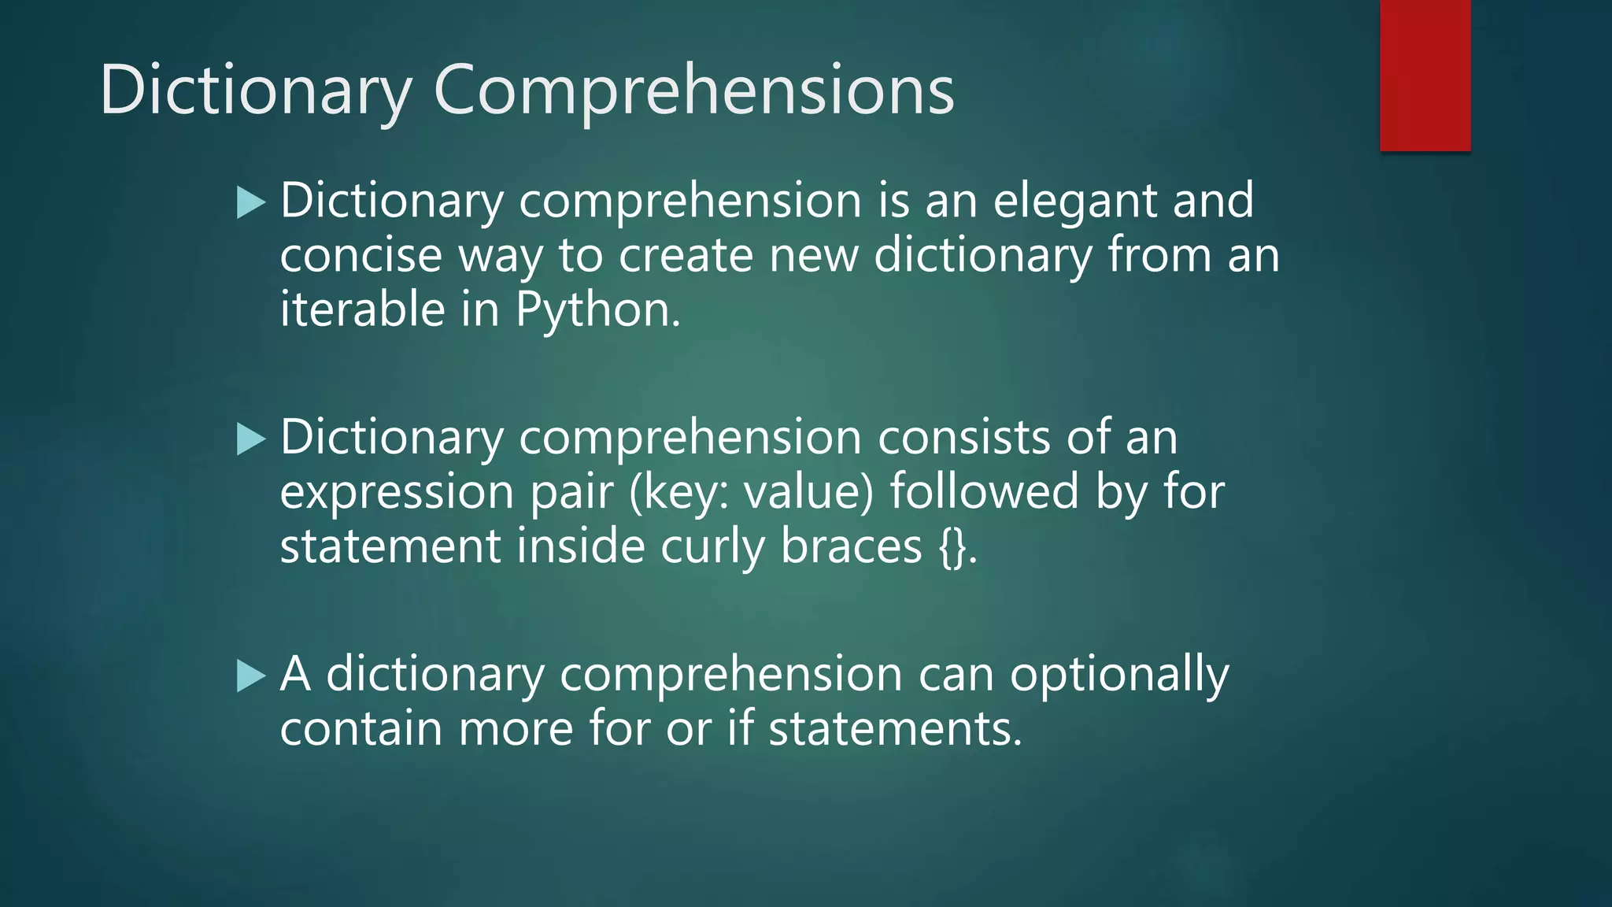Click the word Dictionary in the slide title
(x=256, y=91)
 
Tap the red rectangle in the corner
(x=1425, y=75)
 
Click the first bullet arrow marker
(x=251, y=203)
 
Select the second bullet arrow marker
(x=251, y=439)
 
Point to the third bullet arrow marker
(x=251, y=676)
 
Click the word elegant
(x=1074, y=202)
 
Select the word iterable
(x=363, y=309)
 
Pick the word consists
(x=964, y=437)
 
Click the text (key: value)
(x=752, y=493)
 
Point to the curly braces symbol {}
(x=953, y=547)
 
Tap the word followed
(x=984, y=491)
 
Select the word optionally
(x=1118, y=676)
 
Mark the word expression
(x=397, y=493)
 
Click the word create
(x=686, y=256)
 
